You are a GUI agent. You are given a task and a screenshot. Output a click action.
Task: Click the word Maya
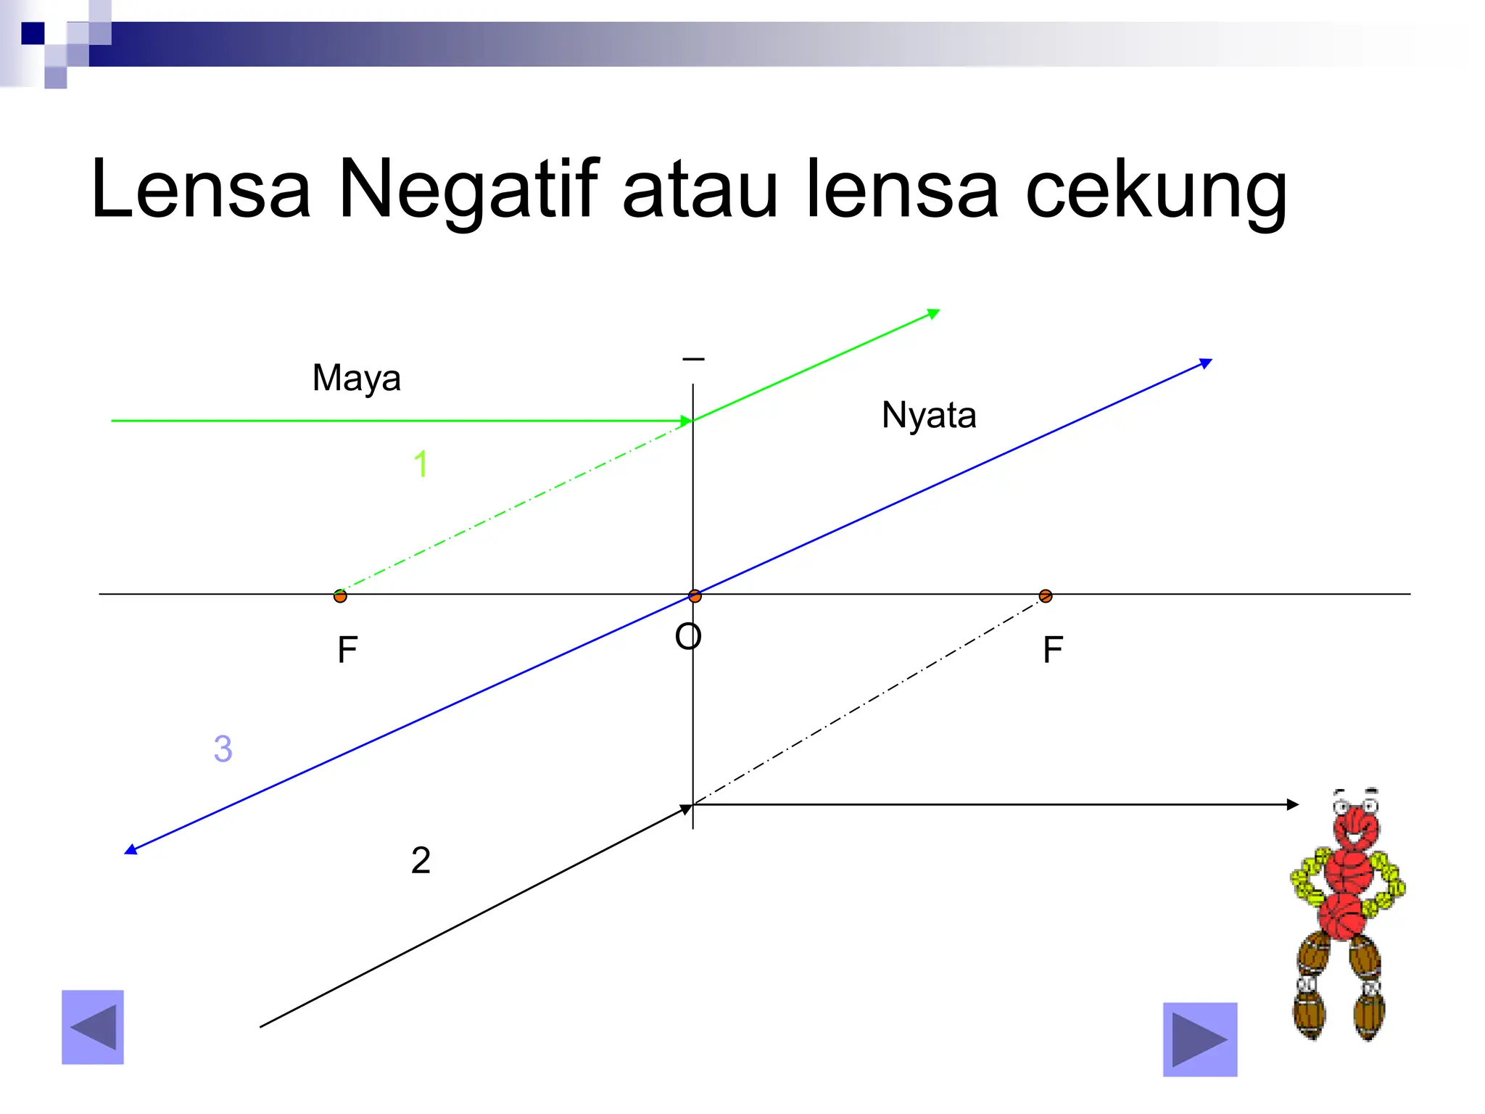coord(356,379)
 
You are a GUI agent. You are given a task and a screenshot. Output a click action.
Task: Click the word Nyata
coord(929,416)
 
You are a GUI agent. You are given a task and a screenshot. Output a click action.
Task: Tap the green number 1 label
coord(421,464)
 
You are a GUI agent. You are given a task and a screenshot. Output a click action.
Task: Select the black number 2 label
coord(421,861)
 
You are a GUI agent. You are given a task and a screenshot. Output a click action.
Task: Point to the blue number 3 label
coord(223,748)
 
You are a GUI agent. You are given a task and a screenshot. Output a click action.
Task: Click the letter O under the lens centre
coord(687,638)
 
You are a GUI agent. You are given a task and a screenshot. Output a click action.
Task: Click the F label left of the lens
coord(347,650)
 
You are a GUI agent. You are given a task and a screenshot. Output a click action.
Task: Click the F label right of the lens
coord(1053,650)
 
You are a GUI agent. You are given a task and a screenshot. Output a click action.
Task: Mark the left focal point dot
coord(340,596)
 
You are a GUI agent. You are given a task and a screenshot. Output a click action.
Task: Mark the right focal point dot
coord(1046,596)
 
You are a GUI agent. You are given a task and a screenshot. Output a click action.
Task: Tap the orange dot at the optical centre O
coord(695,596)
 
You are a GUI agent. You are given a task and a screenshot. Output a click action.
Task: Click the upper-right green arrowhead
coord(934,314)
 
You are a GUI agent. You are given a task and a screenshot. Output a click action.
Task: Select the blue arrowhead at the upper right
coord(1206,363)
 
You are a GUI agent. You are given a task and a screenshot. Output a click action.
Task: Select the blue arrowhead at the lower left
coord(131,849)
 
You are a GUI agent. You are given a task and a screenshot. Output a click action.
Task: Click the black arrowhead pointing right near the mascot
coord(1292,804)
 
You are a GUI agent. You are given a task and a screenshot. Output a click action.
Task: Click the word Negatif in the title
coord(468,190)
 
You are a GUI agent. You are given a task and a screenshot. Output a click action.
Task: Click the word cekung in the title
coord(1157,190)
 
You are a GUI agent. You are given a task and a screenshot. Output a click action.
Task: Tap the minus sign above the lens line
coord(693,359)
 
